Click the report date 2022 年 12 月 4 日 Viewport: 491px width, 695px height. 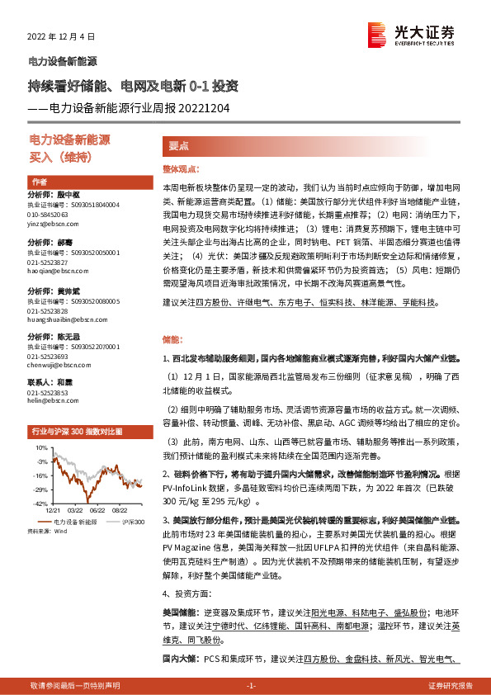pyautogui.click(x=62, y=37)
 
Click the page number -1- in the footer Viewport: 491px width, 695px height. pyautogui.click(x=252, y=686)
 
